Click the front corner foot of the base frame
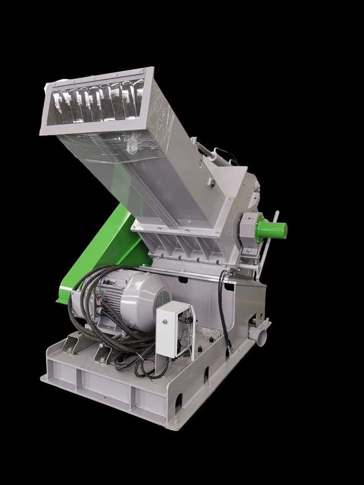[x=175, y=422]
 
